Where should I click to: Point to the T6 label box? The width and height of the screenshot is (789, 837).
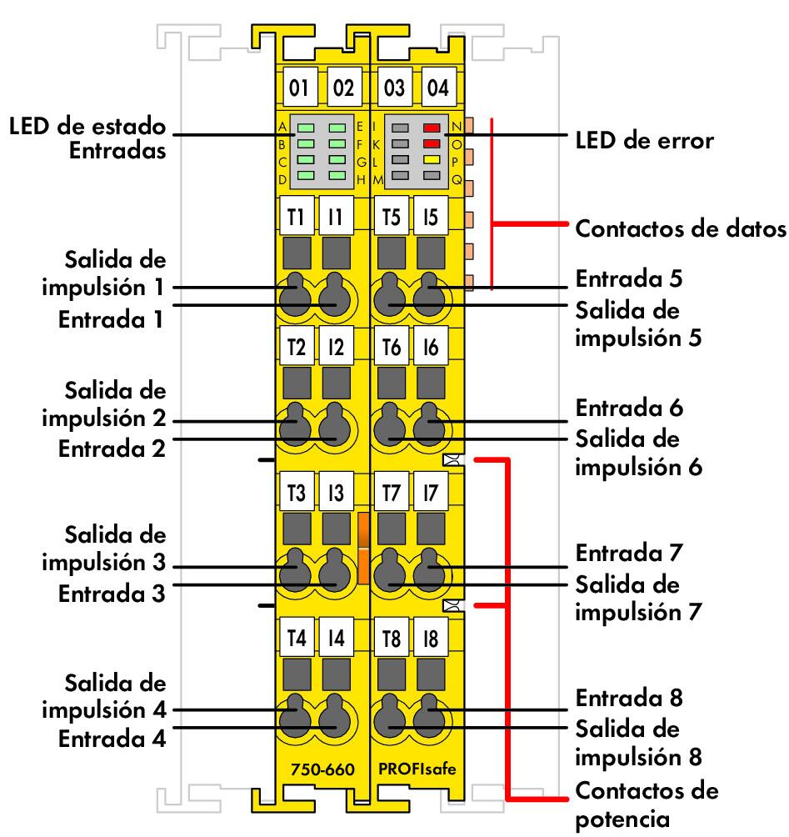click(390, 349)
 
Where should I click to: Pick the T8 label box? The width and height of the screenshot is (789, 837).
click(390, 640)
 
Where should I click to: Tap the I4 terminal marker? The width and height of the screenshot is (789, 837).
click(336, 640)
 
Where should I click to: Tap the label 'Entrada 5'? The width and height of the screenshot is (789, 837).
click(629, 278)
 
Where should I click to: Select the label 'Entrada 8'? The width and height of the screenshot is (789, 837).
click(629, 696)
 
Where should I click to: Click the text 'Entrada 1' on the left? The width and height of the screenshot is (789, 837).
click(111, 320)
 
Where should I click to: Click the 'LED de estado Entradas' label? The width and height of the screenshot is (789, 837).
click(87, 139)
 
